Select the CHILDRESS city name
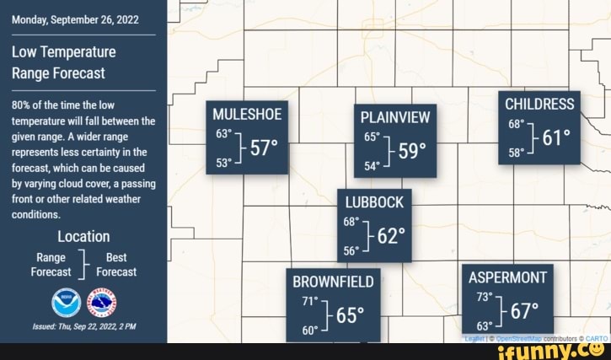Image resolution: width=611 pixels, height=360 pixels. click(539, 104)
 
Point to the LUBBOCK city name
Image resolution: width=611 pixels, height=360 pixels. click(375, 201)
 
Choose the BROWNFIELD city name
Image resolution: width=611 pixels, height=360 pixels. click(332, 281)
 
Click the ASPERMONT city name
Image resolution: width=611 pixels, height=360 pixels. click(507, 277)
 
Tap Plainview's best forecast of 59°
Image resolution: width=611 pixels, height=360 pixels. click(412, 150)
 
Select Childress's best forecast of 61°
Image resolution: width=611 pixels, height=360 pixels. click(556, 137)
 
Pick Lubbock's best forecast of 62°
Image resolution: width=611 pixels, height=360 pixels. click(392, 236)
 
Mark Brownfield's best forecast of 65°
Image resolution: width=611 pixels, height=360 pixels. click(350, 315)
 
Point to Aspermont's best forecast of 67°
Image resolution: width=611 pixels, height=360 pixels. click(523, 311)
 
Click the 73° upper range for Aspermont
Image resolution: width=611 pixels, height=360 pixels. click(484, 297)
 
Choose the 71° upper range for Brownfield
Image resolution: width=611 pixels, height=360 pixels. click(310, 300)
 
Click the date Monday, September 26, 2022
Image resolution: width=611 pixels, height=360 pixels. click(76, 19)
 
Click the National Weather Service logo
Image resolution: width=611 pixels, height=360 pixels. click(103, 302)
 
